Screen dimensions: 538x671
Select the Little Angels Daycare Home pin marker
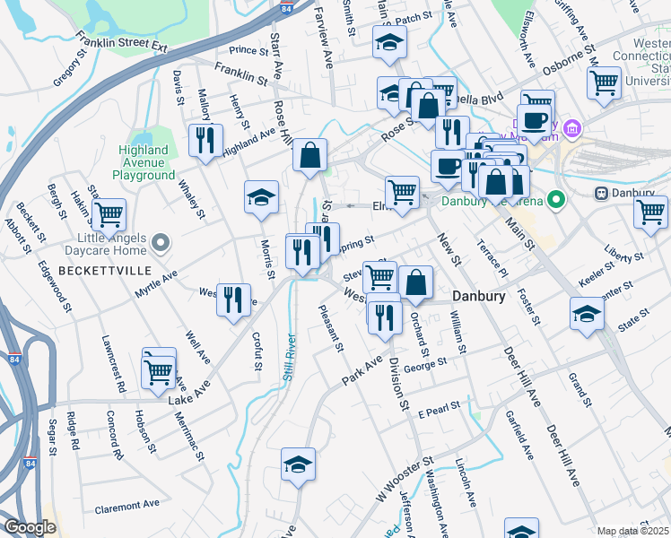[x=161, y=242]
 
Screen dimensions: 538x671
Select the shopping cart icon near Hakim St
[x=109, y=214]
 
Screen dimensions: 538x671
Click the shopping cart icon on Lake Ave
[x=159, y=369]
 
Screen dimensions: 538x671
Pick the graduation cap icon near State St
[x=587, y=314]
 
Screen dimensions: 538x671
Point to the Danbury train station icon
[x=602, y=193]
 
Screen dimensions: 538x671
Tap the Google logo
[x=30, y=527]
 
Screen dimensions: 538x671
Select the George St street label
[x=425, y=366]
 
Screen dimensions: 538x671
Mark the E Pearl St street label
[x=440, y=412]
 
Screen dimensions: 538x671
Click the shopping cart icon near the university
[x=604, y=82]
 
